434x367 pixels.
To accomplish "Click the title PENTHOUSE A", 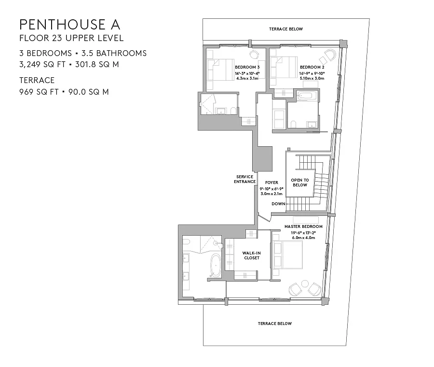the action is (x=70, y=25).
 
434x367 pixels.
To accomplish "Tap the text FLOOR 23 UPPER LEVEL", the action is (x=71, y=38).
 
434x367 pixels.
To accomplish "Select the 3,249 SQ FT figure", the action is (x=42, y=64).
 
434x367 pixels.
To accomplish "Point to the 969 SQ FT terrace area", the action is (x=39, y=92).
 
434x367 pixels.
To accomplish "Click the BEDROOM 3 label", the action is (x=247, y=67).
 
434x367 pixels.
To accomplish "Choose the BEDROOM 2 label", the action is (x=312, y=67).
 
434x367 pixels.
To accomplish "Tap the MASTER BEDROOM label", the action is (x=303, y=226).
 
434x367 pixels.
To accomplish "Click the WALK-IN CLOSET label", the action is (x=252, y=255).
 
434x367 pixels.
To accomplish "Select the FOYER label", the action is (x=271, y=183).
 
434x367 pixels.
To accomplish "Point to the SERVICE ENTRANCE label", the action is (x=244, y=179).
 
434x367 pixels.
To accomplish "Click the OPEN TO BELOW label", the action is (x=300, y=183).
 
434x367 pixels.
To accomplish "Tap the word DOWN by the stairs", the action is (x=278, y=204).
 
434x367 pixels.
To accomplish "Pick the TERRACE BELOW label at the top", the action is (x=286, y=29).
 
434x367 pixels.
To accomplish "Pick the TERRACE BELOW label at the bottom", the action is (x=275, y=324).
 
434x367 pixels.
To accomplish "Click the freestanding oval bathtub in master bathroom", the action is (x=215, y=266).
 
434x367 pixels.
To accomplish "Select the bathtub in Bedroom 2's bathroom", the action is (x=306, y=96).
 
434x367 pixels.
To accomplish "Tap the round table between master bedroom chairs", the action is (x=305, y=283).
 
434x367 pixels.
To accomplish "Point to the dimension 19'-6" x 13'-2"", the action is (x=303, y=233).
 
